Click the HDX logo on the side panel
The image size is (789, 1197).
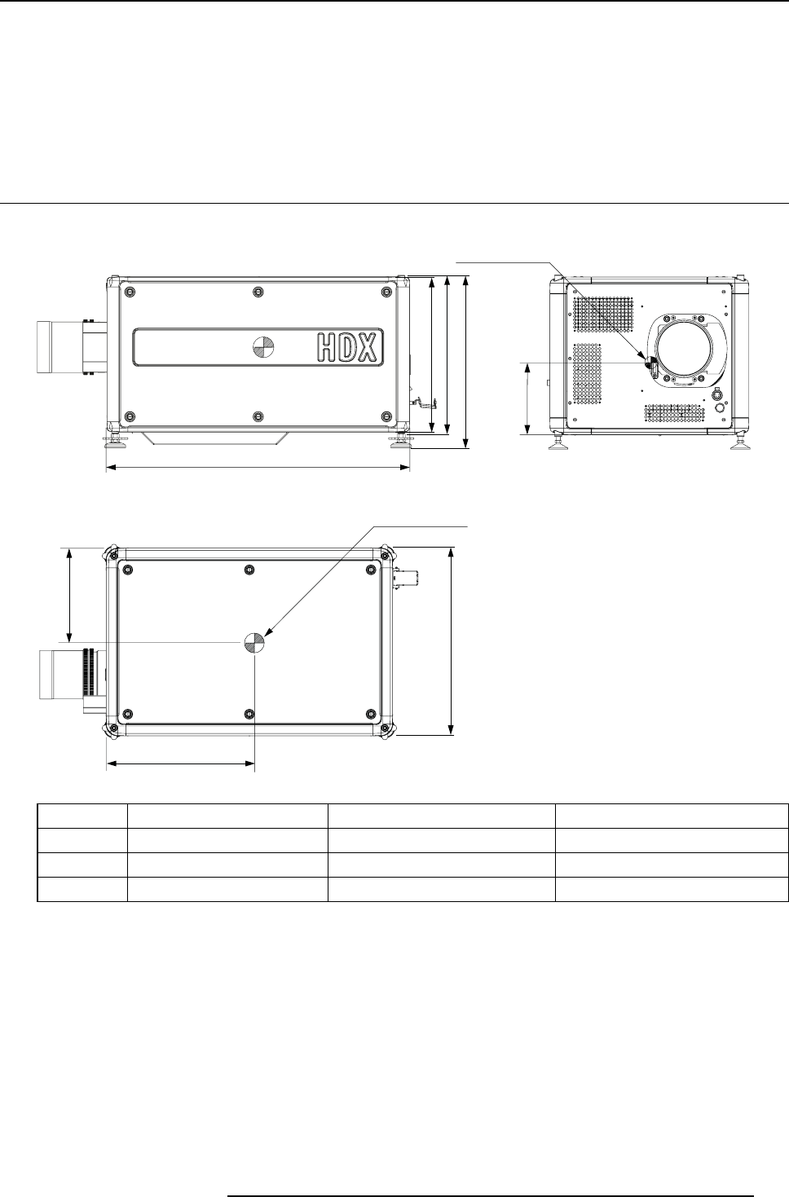[x=350, y=347]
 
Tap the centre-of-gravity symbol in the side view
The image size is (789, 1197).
[x=262, y=347]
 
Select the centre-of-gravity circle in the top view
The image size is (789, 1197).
[x=254, y=642]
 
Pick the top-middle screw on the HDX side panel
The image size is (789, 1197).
[x=258, y=291]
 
